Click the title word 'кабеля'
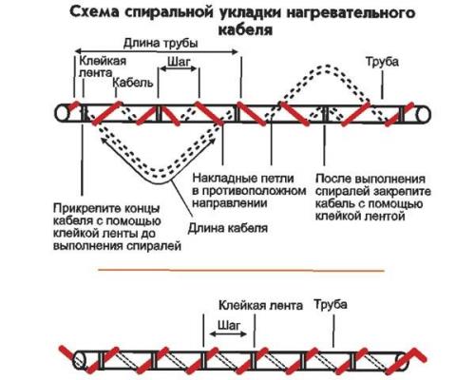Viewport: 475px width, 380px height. tap(238, 29)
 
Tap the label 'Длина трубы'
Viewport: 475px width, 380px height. tap(157, 44)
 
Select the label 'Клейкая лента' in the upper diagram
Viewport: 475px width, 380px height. tap(99, 66)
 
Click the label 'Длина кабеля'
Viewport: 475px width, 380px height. tap(227, 228)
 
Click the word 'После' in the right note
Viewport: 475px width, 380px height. tap(332, 178)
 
